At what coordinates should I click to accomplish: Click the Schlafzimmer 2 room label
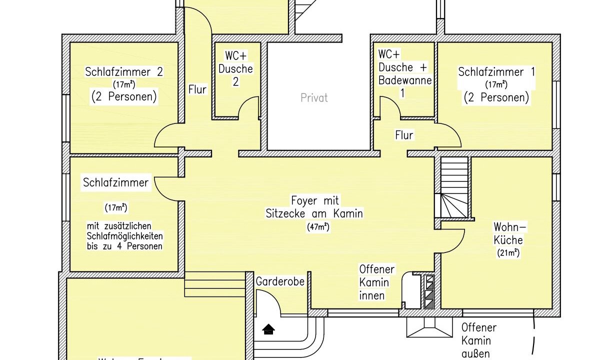(x=123, y=71)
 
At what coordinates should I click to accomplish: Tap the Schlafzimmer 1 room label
(x=496, y=71)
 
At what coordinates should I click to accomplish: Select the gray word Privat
(x=314, y=97)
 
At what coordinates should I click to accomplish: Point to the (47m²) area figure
(x=317, y=226)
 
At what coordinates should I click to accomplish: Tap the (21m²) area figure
(x=508, y=253)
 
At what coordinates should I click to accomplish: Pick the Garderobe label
(x=280, y=281)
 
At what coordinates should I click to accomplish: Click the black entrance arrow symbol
(x=269, y=328)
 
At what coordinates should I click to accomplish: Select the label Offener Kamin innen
(x=376, y=282)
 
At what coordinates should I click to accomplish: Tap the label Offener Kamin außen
(x=478, y=341)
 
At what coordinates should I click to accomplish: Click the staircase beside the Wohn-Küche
(x=454, y=187)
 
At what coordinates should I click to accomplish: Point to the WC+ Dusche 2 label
(x=235, y=68)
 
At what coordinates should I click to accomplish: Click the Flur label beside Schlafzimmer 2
(x=197, y=90)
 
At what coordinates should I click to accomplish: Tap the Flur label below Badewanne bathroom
(x=404, y=135)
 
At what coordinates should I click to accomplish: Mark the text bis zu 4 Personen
(x=124, y=246)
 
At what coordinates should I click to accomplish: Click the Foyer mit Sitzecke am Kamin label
(x=314, y=207)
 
